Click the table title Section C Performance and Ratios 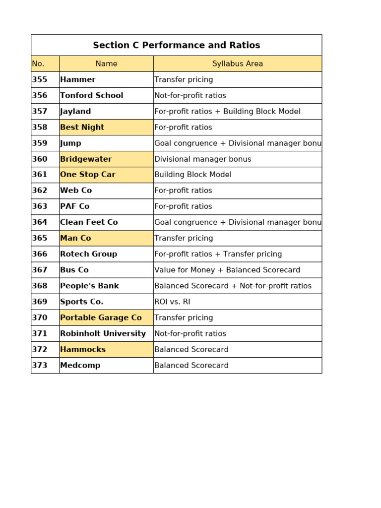(x=176, y=45)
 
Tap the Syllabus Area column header (x=237, y=63)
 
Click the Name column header (x=106, y=63)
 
